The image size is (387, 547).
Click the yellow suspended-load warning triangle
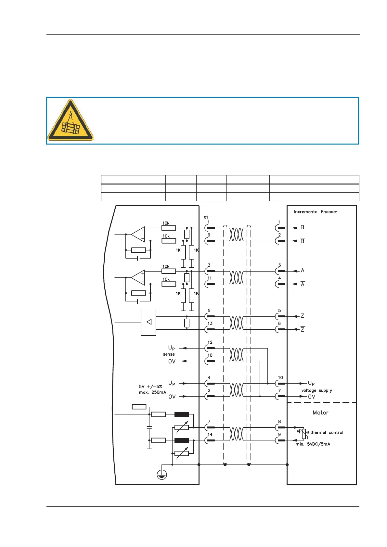[70, 121]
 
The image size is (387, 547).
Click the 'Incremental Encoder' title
[316, 212]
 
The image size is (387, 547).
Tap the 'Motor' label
[320, 413]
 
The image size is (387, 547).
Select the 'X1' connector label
[206, 217]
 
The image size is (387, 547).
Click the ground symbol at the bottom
[162, 475]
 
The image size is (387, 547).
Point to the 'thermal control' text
[327, 432]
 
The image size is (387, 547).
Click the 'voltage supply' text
[316, 390]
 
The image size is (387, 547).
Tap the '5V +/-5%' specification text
[150, 387]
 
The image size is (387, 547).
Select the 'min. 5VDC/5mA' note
[313, 444]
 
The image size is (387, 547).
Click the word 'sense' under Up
[169, 354]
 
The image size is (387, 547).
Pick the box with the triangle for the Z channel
[148, 322]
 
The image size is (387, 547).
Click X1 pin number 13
[210, 324]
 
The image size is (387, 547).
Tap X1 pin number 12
[210, 342]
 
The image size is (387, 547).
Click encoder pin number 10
[280, 377]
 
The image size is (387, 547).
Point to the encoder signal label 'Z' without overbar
[302, 316]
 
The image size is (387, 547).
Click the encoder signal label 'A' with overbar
[303, 284]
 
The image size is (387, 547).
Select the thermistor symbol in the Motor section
[304, 434]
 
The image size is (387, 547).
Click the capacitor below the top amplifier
[138, 258]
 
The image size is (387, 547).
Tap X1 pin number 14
[210, 434]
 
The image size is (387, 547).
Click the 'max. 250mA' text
[152, 392]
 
